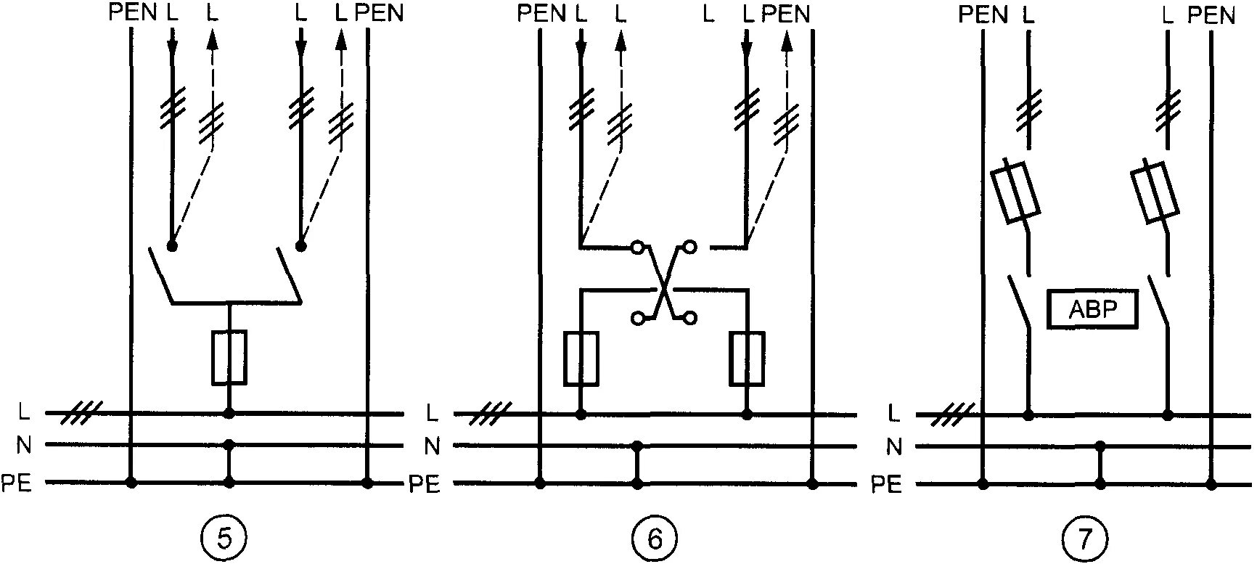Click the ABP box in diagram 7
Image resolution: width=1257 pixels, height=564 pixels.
tap(1093, 310)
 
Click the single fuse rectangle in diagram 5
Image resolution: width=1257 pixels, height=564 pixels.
tap(229, 357)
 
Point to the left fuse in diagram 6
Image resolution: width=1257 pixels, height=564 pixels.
tap(581, 359)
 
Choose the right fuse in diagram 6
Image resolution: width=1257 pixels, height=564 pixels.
tap(747, 359)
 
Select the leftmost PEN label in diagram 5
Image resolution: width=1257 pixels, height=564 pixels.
tap(133, 13)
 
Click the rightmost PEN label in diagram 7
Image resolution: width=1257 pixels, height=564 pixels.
tap(1211, 15)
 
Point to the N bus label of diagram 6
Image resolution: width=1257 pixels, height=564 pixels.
tap(432, 446)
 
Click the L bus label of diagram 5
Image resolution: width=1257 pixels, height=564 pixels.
tap(24, 413)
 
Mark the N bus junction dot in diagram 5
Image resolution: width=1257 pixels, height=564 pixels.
tap(229, 444)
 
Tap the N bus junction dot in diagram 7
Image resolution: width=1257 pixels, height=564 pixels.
tap(1101, 446)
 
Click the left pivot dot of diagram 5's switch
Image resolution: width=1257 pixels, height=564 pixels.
tap(172, 245)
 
